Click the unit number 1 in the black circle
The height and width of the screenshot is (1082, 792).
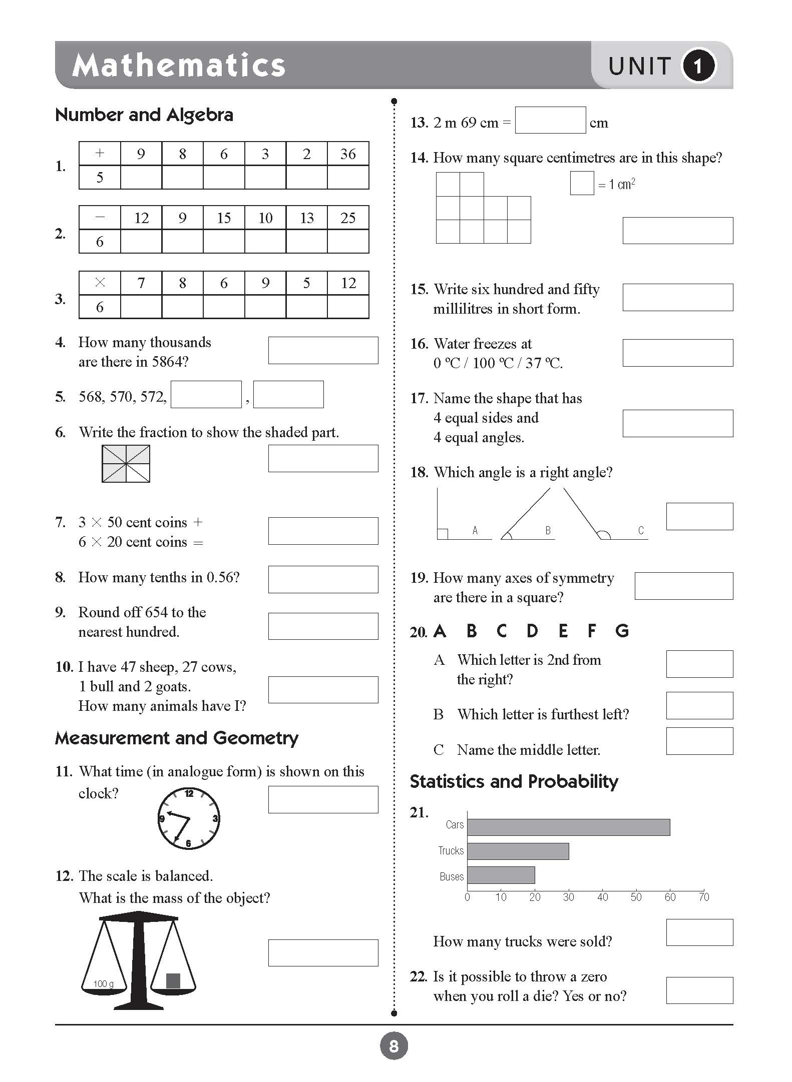click(x=698, y=66)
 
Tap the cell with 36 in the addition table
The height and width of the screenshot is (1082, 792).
click(x=348, y=154)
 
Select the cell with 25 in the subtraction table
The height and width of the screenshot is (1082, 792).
click(x=348, y=218)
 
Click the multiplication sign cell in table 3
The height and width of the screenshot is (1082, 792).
click(x=100, y=283)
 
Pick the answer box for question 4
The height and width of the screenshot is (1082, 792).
click(x=323, y=350)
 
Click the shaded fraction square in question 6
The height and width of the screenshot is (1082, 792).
click(x=126, y=464)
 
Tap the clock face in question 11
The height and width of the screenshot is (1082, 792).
click(x=188, y=818)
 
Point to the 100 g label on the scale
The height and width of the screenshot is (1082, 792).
click(x=103, y=984)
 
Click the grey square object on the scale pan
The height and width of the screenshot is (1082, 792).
click(x=173, y=980)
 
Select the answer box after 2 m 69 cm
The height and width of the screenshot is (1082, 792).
click(x=550, y=121)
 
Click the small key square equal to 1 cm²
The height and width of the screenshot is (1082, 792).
click(x=582, y=183)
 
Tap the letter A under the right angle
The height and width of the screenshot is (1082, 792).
click(x=475, y=530)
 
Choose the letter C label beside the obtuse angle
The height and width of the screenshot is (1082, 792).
click(x=640, y=530)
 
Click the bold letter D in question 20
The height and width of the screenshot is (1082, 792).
click(x=532, y=631)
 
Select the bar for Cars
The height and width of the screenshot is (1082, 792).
click(x=568, y=827)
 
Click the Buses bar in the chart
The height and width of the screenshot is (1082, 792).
click(x=501, y=875)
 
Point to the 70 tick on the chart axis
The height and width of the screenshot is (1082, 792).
click(x=703, y=897)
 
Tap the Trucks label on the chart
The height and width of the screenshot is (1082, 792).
click(x=451, y=850)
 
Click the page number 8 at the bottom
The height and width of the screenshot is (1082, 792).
click(x=394, y=1046)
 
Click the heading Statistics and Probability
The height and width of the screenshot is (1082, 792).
click(x=514, y=781)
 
